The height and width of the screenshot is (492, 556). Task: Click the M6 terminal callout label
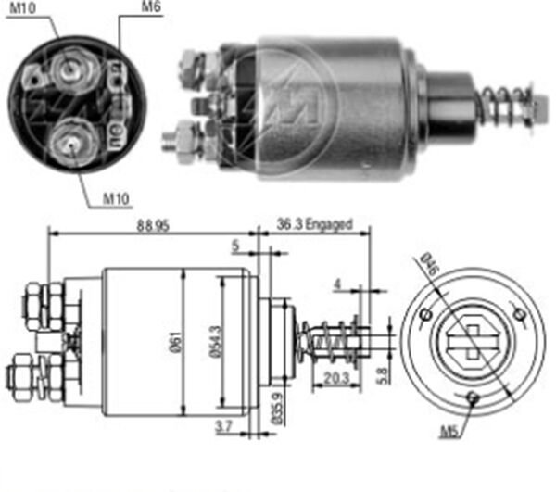click(x=149, y=8)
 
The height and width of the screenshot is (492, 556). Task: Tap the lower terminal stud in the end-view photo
click(x=68, y=141)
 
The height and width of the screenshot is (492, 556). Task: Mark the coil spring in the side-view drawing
click(x=330, y=341)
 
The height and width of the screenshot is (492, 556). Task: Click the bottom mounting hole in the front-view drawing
click(x=473, y=398)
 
